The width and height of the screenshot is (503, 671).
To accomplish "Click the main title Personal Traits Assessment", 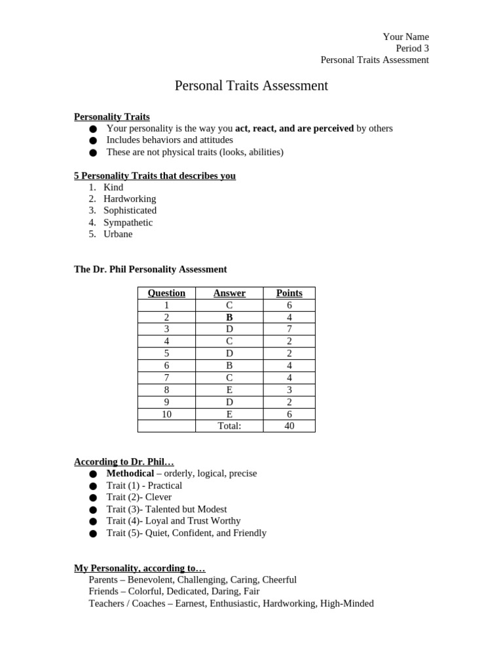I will tap(251, 86).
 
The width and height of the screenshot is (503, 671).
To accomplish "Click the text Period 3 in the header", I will tap(412, 48).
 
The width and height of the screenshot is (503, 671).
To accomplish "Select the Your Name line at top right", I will tap(405, 37).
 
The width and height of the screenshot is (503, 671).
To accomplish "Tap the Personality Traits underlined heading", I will tap(112, 117).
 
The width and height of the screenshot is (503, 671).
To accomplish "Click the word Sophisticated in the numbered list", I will tap(130, 210).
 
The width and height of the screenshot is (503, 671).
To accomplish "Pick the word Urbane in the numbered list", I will tap(118, 234).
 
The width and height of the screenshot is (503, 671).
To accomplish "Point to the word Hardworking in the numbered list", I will tap(130, 199).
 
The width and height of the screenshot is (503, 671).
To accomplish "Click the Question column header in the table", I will tap(166, 293).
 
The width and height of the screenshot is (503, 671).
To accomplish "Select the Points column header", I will tap(289, 293).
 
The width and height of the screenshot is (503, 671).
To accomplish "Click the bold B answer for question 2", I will tap(229, 317).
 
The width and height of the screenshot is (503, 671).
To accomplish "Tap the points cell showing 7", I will tap(289, 329).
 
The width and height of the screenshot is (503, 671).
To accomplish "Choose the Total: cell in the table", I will tap(229, 426).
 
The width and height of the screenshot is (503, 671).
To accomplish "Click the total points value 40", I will tap(289, 426).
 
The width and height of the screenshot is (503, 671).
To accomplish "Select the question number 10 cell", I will tap(166, 414).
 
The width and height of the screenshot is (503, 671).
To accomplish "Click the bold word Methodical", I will tap(130, 473).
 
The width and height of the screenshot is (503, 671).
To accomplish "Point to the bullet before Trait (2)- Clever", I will tap(93, 497).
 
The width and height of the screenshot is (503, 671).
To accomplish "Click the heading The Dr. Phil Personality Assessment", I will tap(151, 269).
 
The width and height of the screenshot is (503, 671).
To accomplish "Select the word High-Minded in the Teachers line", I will tap(346, 604).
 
